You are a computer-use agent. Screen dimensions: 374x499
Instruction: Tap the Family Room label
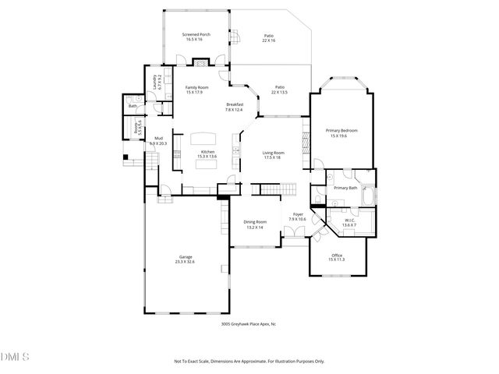(x=196, y=87)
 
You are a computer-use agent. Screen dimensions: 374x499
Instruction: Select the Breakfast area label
(x=235, y=104)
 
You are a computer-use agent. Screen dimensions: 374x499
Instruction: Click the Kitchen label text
(x=207, y=151)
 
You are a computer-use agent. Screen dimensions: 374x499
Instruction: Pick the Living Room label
(x=272, y=152)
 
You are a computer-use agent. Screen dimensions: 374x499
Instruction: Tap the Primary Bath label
(x=345, y=188)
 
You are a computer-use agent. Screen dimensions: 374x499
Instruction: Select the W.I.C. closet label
(x=349, y=220)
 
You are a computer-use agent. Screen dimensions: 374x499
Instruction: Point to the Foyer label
(x=297, y=214)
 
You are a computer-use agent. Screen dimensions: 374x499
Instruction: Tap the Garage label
(x=186, y=257)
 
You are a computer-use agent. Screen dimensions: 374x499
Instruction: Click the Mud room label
(x=158, y=138)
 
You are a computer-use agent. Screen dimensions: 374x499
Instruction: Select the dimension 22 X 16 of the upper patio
(x=269, y=40)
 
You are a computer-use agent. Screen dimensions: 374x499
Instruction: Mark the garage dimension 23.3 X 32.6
(x=186, y=263)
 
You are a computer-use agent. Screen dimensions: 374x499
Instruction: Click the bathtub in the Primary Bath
(x=367, y=195)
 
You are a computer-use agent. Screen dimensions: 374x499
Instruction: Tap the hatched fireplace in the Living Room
(x=306, y=144)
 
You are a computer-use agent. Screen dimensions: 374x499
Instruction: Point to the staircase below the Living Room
(x=278, y=190)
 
